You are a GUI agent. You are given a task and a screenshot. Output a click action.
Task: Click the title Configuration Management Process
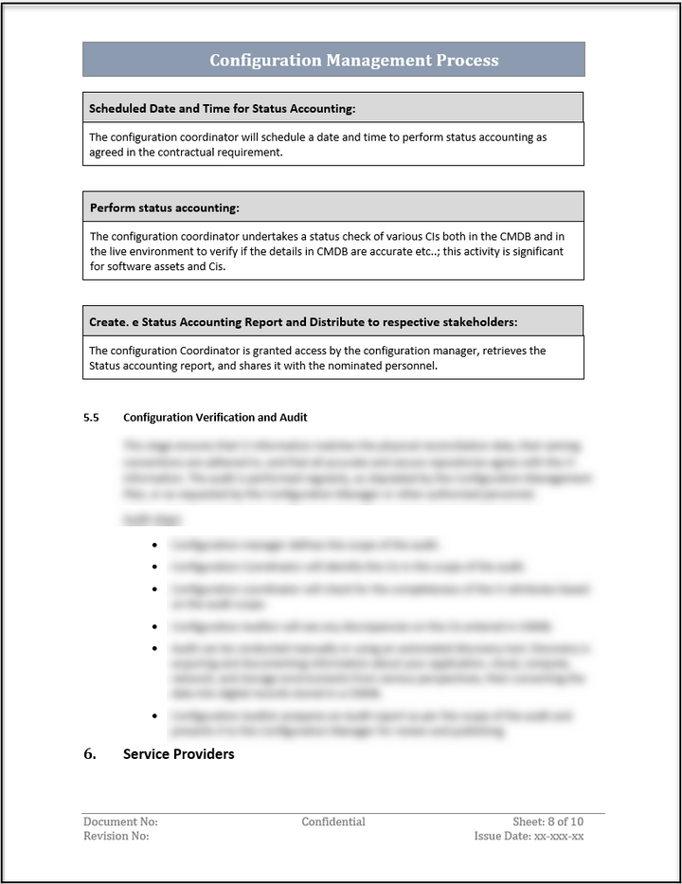(353, 61)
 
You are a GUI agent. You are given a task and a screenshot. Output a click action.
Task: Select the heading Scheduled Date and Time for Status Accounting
(223, 108)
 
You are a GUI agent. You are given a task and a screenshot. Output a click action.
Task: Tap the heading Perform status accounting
(164, 207)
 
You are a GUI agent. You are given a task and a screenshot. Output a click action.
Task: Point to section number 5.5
(91, 417)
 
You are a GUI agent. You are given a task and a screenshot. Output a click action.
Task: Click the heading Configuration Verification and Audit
(215, 417)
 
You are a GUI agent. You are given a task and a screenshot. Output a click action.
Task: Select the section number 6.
(90, 754)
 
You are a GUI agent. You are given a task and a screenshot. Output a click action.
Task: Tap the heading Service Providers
(178, 754)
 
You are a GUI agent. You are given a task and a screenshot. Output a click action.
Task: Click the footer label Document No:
(120, 821)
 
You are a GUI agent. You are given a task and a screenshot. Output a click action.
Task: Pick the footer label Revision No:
(116, 837)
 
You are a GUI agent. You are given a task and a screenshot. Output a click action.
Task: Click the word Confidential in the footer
(333, 821)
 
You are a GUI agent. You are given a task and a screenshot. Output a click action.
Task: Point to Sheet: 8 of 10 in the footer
(548, 821)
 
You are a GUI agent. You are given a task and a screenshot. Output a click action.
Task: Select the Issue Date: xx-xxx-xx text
(529, 837)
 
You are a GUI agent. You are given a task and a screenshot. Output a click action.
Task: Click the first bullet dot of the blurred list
(154, 545)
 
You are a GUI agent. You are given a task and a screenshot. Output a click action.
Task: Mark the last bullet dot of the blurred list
(154, 716)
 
